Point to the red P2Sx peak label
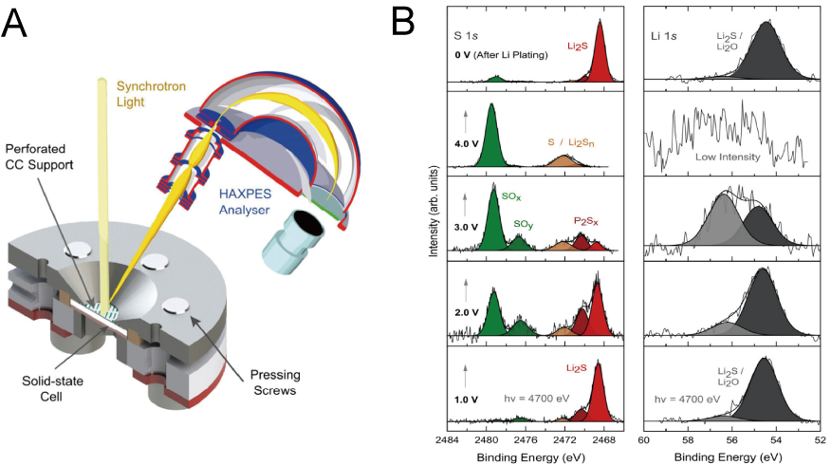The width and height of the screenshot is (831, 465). (x=585, y=221)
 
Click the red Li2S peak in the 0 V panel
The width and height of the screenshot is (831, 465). (x=600, y=62)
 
